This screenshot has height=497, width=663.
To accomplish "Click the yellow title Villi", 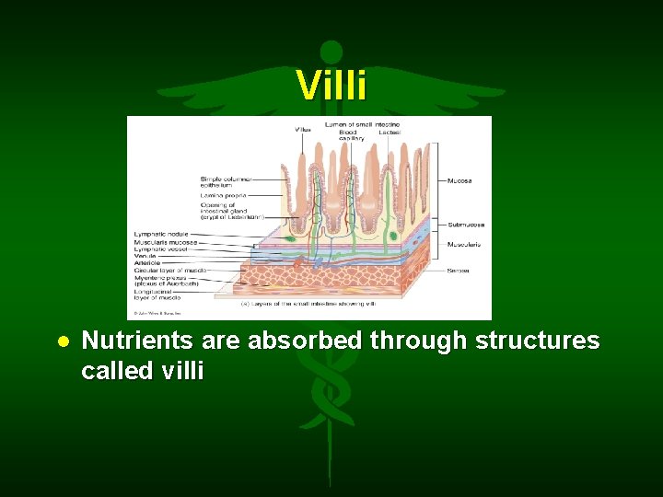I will pos(331,86).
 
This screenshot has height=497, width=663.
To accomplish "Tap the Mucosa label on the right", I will pos(460,180).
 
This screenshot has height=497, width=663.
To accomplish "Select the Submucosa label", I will pos(466,224).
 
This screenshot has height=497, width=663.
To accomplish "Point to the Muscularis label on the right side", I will pos(465,244).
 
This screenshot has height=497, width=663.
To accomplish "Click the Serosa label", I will pos(459,271).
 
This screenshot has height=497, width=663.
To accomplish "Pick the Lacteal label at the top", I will pos(389,132).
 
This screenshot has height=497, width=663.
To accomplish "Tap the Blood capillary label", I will pos(348,135).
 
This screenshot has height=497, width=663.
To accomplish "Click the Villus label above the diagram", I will pos(303,131).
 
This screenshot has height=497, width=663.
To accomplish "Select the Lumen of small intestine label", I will pos(360,123).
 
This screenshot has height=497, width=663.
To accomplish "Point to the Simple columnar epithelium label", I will pos(225,180).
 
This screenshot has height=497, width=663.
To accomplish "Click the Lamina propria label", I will pos(221,196).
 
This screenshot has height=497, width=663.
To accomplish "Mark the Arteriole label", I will pos(148,262).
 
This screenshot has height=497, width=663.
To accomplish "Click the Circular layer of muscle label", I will pos(171,270).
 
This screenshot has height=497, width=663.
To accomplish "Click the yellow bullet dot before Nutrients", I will pos(64,341).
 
